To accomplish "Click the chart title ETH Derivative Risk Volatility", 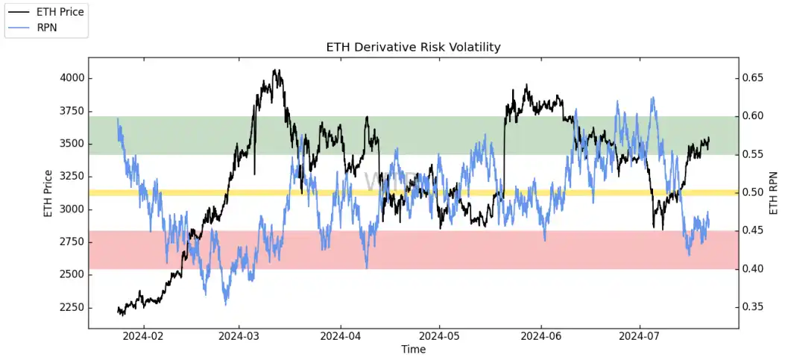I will point(413,47).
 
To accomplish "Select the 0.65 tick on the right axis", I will point(754,78).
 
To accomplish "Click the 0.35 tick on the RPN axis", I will point(754,306).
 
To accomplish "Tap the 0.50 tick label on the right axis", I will point(754,192).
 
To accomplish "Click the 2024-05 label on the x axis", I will point(440,336).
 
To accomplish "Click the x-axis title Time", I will point(413,350).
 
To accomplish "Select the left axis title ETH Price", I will point(48,194).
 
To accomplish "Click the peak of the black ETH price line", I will point(277,70).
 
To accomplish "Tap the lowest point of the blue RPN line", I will point(225,304).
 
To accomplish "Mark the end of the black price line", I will point(709,138).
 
